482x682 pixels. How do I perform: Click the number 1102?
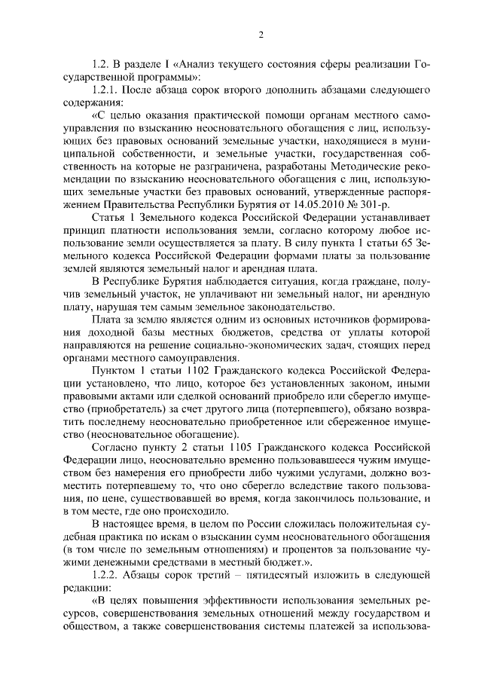click(x=199, y=372)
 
